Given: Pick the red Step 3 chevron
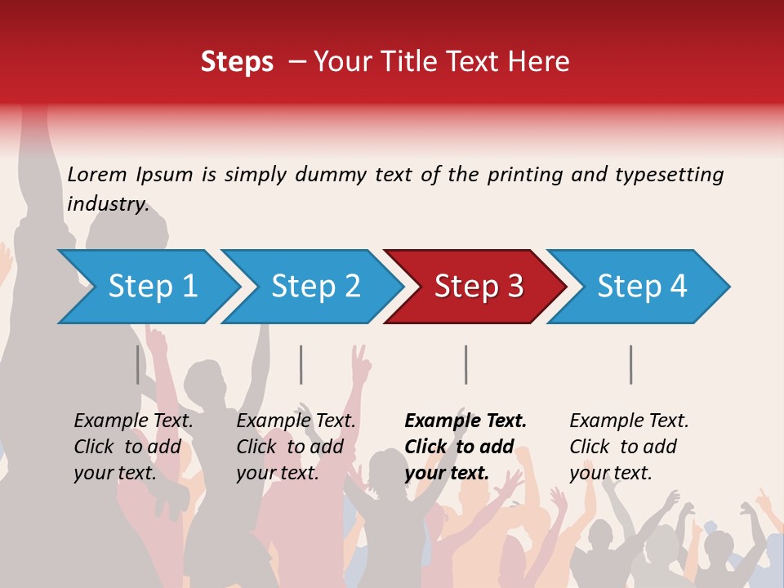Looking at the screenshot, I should coord(479,287).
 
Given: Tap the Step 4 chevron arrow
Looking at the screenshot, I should coord(642,287).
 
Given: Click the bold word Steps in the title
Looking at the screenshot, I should coord(237,61).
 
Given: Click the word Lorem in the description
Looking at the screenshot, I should coord(97,175).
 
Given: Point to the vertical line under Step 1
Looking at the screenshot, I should coord(138,364).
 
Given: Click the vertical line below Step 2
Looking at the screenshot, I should coord(301,364).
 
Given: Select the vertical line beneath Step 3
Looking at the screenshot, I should coord(465,364).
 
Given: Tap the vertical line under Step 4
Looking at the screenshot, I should coord(630,364).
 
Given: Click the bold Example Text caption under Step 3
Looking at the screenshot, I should coord(465,421).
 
